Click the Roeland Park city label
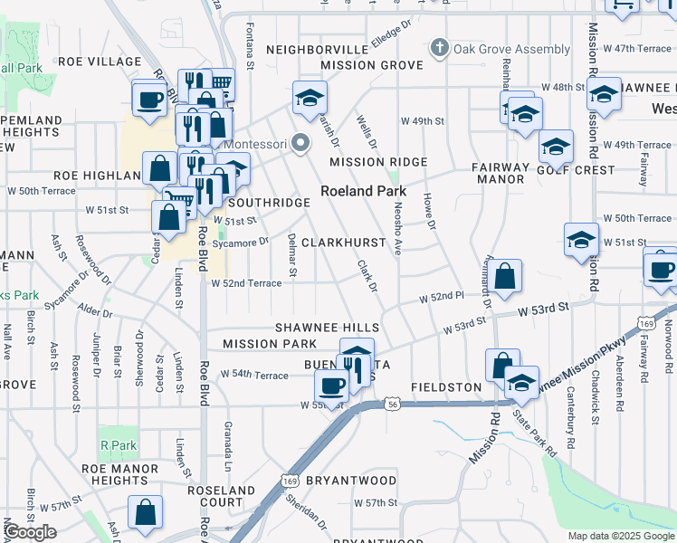coord(363,192)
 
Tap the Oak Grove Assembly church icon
coord(440,48)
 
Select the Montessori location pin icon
coord(300,144)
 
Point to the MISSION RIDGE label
coord(377,162)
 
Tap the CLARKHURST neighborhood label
coord(343,243)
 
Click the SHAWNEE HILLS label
coord(322,327)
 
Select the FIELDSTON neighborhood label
coord(446,387)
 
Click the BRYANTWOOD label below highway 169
coord(351,480)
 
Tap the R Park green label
coord(118,445)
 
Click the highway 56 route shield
coord(391,404)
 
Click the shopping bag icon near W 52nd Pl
coord(507,277)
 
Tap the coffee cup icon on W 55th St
coord(332,386)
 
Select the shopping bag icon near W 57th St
coord(145,513)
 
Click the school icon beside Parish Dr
coord(310,98)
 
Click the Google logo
coord(30,533)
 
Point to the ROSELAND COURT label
coord(221,496)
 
